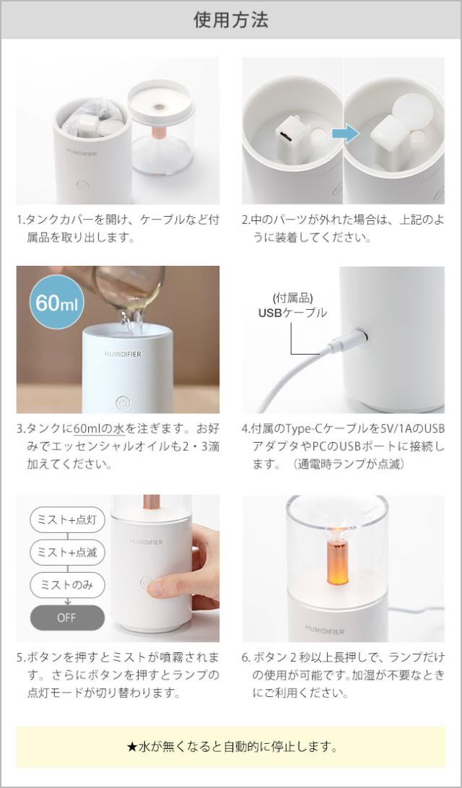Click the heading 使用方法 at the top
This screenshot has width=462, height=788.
(231, 20)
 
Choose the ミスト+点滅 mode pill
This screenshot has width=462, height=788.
(67, 553)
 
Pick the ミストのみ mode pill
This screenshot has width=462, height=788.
(67, 585)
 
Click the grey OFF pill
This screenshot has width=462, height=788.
(66, 618)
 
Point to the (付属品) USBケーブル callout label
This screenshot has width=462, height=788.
(292, 306)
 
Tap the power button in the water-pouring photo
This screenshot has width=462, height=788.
(122, 402)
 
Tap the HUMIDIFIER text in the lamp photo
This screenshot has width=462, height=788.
(324, 629)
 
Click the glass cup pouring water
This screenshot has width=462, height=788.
(130, 289)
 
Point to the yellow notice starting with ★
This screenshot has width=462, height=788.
(231, 747)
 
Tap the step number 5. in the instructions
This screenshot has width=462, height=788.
(21, 658)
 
